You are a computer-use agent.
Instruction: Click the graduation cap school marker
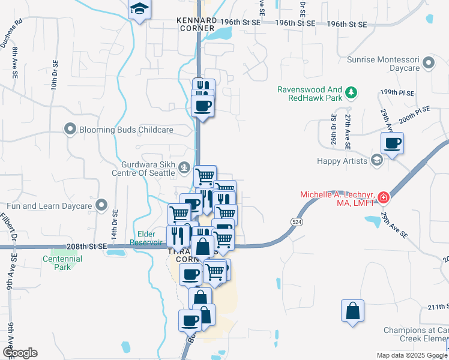(x=139, y=10)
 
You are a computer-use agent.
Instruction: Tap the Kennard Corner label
(x=196, y=24)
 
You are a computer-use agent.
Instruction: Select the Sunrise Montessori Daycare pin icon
(x=428, y=62)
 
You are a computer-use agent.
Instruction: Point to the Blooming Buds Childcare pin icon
(x=70, y=129)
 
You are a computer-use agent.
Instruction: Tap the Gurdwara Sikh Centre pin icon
(x=185, y=168)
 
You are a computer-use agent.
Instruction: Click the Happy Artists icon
(x=376, y=160)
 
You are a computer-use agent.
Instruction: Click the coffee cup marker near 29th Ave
(x=392, y=144)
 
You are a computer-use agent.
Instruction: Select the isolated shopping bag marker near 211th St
(x=352, y=311)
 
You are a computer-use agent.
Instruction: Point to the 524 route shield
(x=297, y=221)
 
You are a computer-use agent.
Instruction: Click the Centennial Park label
(x=62, y=262)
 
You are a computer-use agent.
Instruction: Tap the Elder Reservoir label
(x=146, y=239)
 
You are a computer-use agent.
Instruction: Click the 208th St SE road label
(x=86, y=247)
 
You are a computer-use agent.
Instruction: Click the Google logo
(x=20, y=353)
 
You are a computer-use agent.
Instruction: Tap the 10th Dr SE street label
(x=54, y=74)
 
